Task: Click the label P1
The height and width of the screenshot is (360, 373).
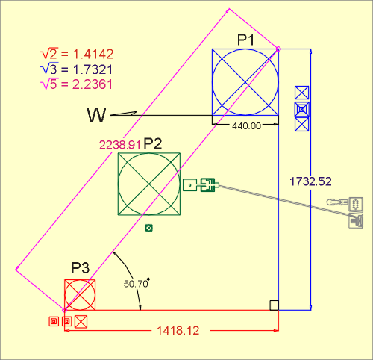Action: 245,40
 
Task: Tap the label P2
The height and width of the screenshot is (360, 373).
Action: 153,143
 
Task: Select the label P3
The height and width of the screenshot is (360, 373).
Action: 80,268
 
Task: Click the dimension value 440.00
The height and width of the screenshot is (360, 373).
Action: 247,126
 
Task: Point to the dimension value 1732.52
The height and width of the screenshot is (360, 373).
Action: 310,181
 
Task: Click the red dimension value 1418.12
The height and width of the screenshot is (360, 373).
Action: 178,331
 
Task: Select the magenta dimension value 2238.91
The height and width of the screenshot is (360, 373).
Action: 120,145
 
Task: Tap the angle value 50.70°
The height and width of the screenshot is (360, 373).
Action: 137,283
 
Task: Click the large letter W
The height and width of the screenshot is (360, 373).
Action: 96,115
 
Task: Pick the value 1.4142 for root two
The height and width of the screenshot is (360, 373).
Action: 93,54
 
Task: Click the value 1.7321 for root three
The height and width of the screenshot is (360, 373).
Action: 93,69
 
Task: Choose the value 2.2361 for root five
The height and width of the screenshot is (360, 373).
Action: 93,84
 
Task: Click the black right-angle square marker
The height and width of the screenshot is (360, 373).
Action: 275,305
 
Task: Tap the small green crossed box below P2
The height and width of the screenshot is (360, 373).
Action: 149,228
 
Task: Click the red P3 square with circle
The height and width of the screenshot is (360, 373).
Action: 80,295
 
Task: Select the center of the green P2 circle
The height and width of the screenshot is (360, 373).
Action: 149,184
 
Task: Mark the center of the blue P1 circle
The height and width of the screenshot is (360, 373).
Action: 245,82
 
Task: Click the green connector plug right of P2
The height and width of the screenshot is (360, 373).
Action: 201,185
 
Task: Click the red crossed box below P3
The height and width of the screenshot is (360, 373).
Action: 81,322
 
